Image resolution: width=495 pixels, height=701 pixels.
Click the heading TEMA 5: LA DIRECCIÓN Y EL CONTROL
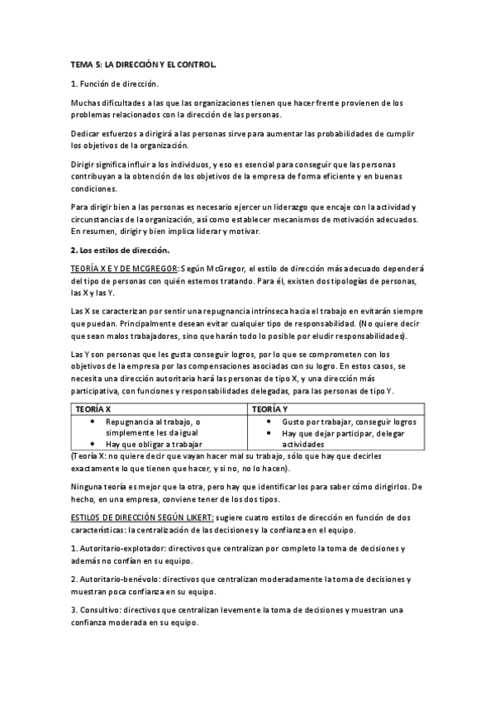143,64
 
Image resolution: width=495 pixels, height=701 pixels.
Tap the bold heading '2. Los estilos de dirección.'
120,249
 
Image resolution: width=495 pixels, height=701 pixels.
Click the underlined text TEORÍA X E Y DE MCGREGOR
122,268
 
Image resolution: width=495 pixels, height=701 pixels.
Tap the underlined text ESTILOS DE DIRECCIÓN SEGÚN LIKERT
142,517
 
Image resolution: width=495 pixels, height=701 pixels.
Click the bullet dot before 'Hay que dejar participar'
273,433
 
